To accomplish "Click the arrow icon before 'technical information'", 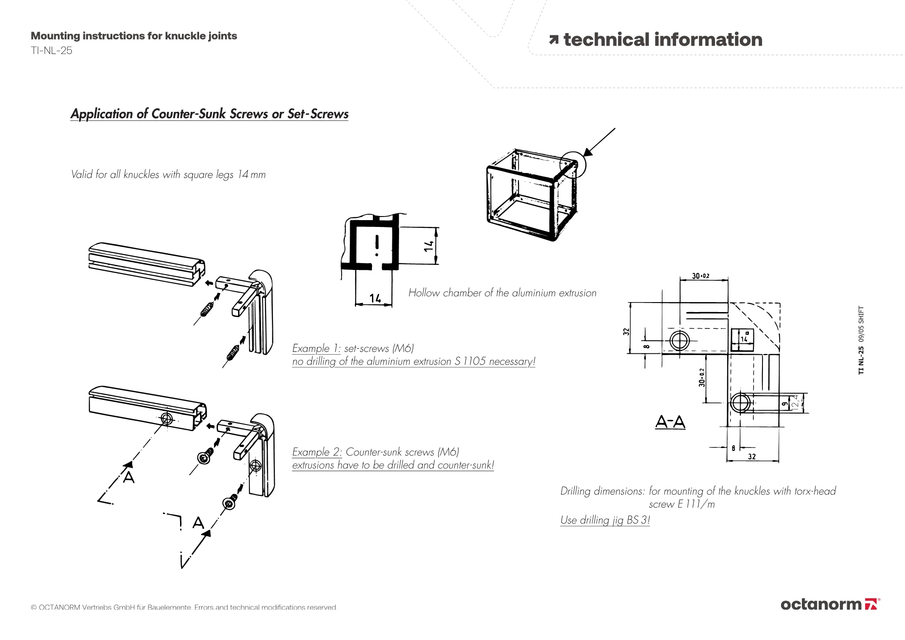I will click(x=554, y=40).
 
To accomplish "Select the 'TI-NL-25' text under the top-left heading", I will click(x=52, y=51).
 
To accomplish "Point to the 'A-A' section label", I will click(x=670, y=422).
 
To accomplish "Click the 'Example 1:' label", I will click(x=316, y=348).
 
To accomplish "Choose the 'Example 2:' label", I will click(x=317, y=452).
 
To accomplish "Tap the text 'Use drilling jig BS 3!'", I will click(x=605, y=520).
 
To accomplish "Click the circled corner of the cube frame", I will click(x=572, y=164).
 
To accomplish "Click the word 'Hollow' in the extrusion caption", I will click(x=424, y=293).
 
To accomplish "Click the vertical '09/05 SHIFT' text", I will click(x=861, y=324).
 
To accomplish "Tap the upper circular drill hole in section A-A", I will click(x=679, y=340).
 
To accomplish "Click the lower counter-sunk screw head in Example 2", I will click(x=229, y=503).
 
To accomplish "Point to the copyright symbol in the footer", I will click(x=34, y=607).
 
